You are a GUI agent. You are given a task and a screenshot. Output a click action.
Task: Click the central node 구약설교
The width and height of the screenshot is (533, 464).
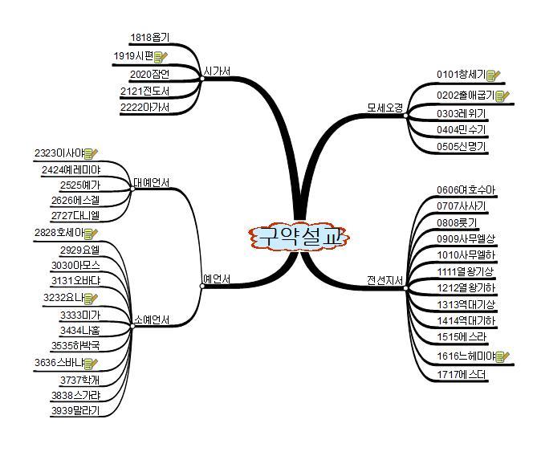pyautogui.click(x=299, y=237)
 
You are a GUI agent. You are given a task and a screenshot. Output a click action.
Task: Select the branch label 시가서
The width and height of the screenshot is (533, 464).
pyautogui.click(x=218, y=72)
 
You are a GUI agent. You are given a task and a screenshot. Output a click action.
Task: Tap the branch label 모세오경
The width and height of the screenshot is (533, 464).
pyautogui.click(x=384, y=107)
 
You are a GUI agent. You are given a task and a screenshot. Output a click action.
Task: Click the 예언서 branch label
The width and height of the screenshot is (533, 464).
pyautogui.click(x=217, y=279)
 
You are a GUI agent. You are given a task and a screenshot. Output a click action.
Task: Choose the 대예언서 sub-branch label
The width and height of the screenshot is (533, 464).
pyautogui.click(x=151, y=183)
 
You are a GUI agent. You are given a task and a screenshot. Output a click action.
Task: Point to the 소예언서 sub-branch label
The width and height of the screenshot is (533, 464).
pyautogui.click(x=151, y=320)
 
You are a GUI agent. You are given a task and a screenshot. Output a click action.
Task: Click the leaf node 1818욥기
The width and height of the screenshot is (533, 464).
pyautogui.click(x=149, y=37)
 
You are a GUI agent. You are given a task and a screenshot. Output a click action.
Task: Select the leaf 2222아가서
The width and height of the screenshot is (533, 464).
pyautogui.click(x=144, y=108)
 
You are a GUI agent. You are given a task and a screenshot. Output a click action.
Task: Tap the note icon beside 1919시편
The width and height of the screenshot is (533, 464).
pyautogui.click(x=161, y=56)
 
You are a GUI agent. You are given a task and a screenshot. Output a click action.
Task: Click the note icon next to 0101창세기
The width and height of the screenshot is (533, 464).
pyautogui.click(x=493, y=75)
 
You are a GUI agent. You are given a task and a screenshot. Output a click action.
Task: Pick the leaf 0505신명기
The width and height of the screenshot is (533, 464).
pyautogui.click(x=462, y=147)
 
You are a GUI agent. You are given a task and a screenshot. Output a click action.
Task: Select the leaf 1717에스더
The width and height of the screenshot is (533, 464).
pyautogui.click(x=462, y=374)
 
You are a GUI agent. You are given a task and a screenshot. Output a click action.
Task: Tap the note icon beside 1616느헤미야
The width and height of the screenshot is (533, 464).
pyautogui.click(x=503, y=356)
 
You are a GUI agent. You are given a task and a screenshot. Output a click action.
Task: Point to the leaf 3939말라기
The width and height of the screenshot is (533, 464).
pyautogui.click(x=75, y=410)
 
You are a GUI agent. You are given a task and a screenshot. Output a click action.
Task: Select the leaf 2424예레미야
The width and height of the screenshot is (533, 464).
pyautogui.click(x=71, y=169)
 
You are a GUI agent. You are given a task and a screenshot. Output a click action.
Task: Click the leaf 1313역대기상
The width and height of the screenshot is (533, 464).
pyautogui.click(x=466, y=304)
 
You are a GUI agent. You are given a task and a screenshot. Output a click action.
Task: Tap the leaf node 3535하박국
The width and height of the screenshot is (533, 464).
pyautogui.click(x=75, y=345)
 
